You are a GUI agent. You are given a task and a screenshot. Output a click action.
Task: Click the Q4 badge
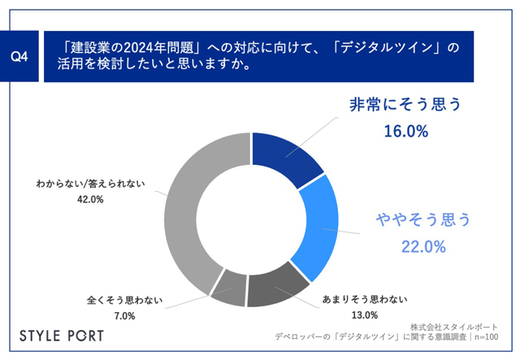point(19,56)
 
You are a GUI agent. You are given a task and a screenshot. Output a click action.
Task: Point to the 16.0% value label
point(406,132)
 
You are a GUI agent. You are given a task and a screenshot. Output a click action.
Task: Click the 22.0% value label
point(423,247)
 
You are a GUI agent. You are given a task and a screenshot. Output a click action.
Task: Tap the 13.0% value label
point(365,314)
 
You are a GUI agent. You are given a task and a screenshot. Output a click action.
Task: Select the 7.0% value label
point(124,316)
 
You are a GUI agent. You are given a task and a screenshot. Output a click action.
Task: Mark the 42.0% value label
point(90,199)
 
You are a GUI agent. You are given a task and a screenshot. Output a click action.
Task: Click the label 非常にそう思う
point(405,105)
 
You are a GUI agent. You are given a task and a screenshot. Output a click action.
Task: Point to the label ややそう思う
point(423,219)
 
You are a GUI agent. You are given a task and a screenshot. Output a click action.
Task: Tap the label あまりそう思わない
point(365,300)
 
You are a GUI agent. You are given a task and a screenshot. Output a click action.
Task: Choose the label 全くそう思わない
point(124,301)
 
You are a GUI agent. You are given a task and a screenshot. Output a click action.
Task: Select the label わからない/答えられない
point(90,184)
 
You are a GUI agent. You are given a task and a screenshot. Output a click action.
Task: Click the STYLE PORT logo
point(62,336)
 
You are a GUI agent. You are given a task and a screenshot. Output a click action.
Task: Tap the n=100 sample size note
point(486,337)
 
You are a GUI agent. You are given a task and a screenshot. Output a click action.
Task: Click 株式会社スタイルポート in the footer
point(454,327)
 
